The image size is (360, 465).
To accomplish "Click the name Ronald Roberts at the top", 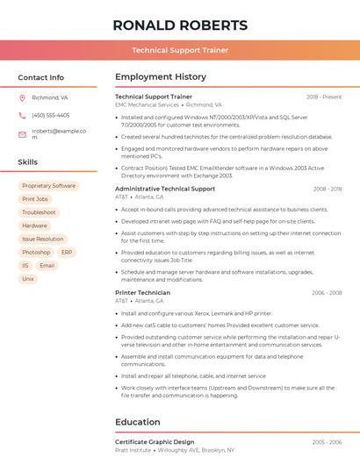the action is pyautogui.click(x=180, y=25).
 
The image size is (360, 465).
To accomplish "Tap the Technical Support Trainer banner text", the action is pyautogui.click(x=180, y=50).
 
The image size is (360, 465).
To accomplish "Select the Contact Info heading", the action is pyautogui.click(x=41, y=77).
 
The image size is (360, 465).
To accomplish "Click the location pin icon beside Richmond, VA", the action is pyautogui.click(x=22, y=97).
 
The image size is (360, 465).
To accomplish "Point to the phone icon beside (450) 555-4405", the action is pyautogui.click(x=22, y=115).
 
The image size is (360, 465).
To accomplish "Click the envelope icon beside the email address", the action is pyautogui.click(x=22, y=134).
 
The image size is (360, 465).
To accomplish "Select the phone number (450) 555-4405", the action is pyautogui.click(x=50, y=115).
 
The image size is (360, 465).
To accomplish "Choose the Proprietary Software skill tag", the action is pyautogui.click(x=48, y=186).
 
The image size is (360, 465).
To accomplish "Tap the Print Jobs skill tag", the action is pyautogui.click(x=35, y=199).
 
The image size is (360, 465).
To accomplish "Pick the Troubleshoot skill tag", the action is pyautogui.click(x=39, y=212).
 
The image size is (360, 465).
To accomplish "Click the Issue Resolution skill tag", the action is pyautogui.click(x=42, y=239).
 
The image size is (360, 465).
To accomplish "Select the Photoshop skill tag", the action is pyautogui.click(x=36, y=252).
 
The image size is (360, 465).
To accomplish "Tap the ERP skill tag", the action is pyautogui.click(x=68, y=252).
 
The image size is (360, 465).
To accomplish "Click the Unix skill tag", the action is pyautogui.click(x=28, y=278).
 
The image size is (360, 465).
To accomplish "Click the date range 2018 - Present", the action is pyautogui.click(x=324, y=97).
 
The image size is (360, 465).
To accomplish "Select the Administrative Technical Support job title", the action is pyautogui.click(x=165, y=189).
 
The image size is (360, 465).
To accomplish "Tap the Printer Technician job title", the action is pyautogui.click(x=142, y=293).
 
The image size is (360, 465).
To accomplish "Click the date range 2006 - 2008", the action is pyautogui.click(x=327, y=293).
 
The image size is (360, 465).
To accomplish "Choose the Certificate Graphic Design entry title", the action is pyautogui.click(x=155, y=442).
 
